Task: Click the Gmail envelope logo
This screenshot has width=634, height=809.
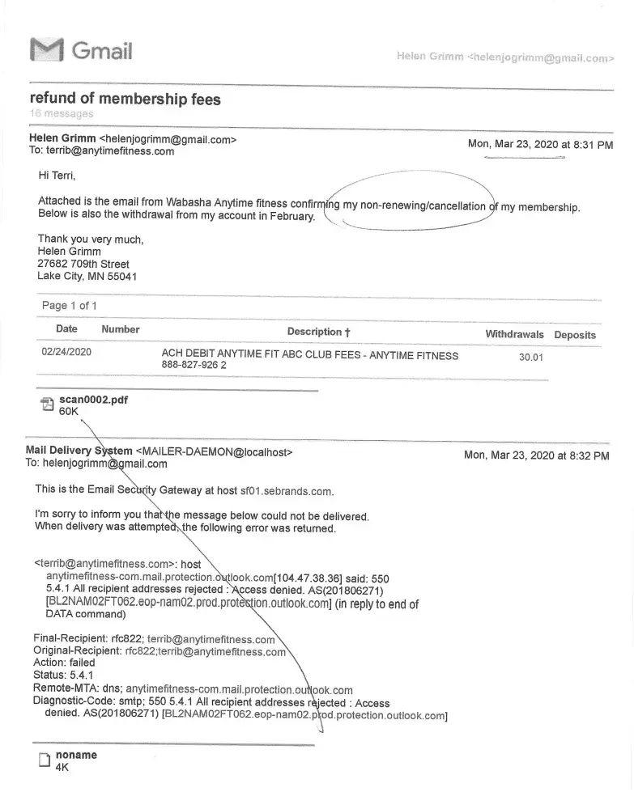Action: [x=45, y=50]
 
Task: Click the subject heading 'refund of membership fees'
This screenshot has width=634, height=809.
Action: [x=125, y=99]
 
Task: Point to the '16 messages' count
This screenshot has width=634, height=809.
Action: [x=61, y=114]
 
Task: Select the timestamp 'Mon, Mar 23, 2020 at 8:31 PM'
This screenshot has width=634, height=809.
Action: [x=540, y=144]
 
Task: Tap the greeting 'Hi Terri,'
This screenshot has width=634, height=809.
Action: [x=57, y=175]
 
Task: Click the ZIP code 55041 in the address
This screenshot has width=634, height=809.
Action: [x=121, y=276]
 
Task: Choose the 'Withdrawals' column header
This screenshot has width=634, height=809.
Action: [x=514, y=334]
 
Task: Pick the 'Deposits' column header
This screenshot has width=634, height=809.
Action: [x=574, y=335]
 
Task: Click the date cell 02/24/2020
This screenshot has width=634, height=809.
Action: [x=66, y=352]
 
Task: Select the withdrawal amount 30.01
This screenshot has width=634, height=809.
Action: [x=531, y=358]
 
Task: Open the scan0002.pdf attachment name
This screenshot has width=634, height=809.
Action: [x=93, y=400]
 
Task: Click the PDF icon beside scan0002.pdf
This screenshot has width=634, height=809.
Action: [x=47, y=405]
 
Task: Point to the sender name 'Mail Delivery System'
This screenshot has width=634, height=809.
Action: [x=79, y=451]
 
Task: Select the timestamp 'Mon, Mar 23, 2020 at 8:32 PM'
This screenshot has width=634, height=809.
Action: [x=536, y=455]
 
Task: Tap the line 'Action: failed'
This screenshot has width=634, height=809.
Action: [x=64, y=663]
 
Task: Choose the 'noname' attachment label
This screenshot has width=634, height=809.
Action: [x=76, y=755]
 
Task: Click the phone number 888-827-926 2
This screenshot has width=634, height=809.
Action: [x=194, y=366]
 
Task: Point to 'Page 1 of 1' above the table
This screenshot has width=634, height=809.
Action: [x=70, y=305]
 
